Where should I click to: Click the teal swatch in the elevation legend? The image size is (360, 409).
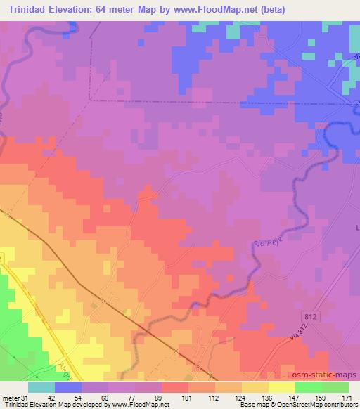[x=41, y=387]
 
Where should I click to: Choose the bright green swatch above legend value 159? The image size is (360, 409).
[x=309, y=387]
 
